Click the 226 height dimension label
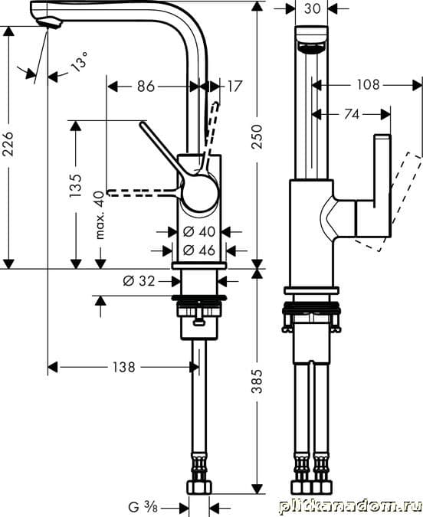coord(8,144)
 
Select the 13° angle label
coord(80,61)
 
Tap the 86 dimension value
coord(146,87)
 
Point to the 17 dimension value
coord(234,87)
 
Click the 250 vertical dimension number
coord(257,136)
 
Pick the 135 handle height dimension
coord(75,185)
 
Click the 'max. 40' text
coord(100,215)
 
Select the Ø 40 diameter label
coord(199,232)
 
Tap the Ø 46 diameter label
coord(199,250)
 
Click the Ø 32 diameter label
coord(139,281)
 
